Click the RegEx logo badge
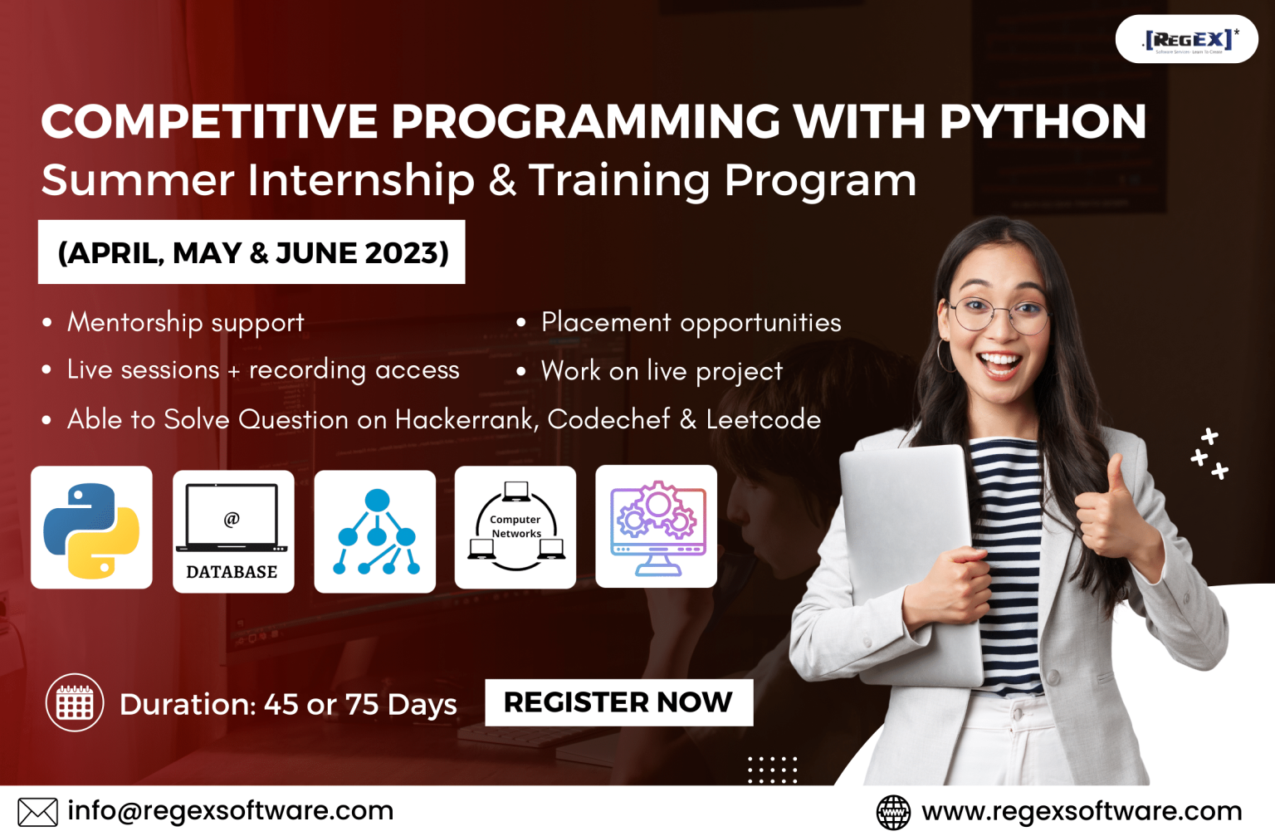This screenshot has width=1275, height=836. (1187, 39)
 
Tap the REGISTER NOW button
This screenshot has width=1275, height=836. (618, 702)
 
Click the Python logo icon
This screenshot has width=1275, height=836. (91, 529)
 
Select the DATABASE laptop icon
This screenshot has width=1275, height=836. (232, 531)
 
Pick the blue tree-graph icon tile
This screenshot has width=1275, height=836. (375, 531)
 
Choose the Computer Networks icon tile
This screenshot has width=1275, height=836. (515, 528)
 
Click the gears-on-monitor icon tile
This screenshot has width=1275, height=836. (657, 527)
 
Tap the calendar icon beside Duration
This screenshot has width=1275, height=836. (75, 702)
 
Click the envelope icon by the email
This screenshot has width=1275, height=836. (37, 812)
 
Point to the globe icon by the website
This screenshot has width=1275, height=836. (893, 812)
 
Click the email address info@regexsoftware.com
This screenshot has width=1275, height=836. (230, 810)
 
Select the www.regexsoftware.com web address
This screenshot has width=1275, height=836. (1082, 811)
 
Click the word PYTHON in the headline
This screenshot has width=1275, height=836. (1043, 121)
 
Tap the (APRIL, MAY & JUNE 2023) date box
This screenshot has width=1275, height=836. (252, 252)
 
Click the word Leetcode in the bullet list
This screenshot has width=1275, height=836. (763, 419)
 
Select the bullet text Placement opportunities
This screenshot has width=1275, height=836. (691, 322)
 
